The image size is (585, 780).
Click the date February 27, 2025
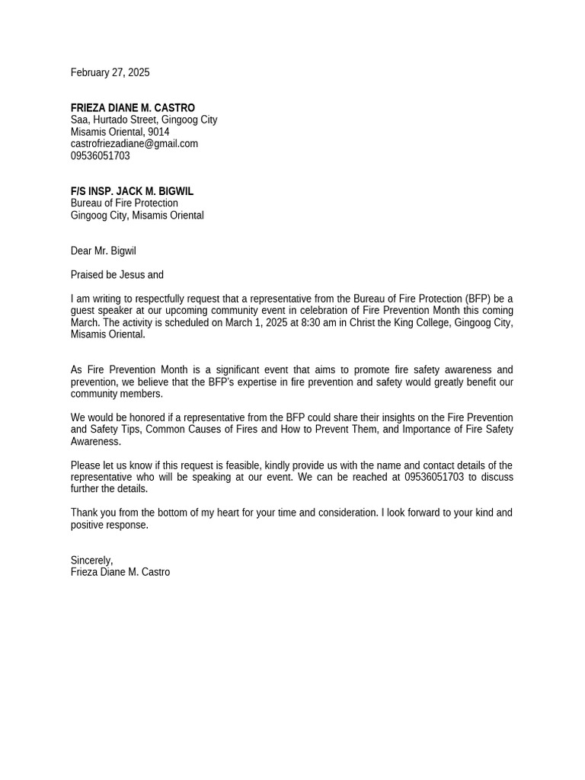[110, 72]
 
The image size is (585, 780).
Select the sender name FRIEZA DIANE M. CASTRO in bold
[133, 108]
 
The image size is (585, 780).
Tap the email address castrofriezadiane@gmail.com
[134, 143]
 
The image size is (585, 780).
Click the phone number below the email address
[100, 155]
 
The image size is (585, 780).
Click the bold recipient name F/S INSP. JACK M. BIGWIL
[132, 191]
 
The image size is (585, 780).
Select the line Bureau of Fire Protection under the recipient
[124, 203]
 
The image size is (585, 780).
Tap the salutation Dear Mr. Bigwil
[103, 251]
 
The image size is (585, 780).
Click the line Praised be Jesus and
[117, 275]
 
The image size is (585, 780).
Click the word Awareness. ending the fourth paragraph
[95, 441]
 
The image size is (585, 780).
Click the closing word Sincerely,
[91, 561]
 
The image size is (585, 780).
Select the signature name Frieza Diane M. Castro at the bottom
[120, 572]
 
